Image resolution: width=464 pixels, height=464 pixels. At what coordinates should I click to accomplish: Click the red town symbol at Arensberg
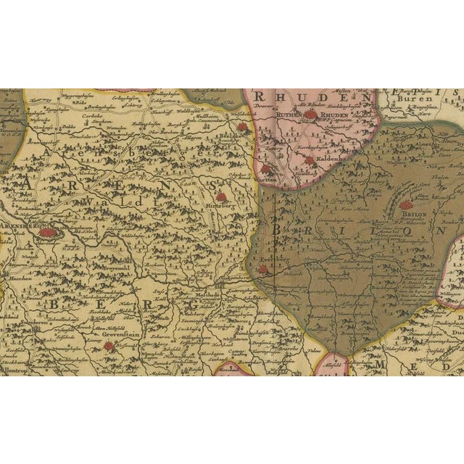(48, 233)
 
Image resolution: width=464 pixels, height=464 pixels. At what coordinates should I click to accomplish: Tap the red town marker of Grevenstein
(109, 347)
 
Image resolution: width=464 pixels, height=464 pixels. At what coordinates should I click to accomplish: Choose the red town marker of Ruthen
(310, 114)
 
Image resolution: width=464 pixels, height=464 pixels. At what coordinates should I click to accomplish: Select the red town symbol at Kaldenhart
(310, 161)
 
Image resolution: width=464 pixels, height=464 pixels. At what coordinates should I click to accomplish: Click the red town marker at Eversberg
(263, 269)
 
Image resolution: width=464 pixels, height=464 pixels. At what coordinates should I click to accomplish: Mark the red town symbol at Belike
(241, 126)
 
